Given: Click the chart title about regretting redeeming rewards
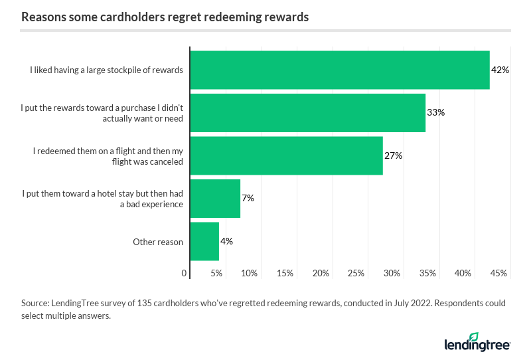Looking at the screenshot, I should (x=165, y=17).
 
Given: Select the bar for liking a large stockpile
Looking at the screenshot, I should (x=340, y=70).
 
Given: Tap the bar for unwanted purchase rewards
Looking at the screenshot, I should (x=308, y=113).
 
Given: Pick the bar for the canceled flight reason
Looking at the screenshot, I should (x=287, y=155).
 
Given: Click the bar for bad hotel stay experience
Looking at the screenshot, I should (x=215, y=198).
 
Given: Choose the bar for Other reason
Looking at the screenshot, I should (x=204, y=241).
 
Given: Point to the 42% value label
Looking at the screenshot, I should (x=500, y=70).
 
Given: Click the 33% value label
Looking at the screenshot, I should (x=435, y=113).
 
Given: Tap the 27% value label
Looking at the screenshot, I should (x=394, y=155).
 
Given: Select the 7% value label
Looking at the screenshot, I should (x=248, y=198).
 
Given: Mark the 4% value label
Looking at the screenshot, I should (x=226, y=241).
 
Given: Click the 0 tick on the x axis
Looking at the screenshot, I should (x=184, y=273).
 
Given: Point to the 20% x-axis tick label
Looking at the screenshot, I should (x=321, y=273).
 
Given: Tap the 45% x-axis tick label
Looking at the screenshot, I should (x=498, y=273).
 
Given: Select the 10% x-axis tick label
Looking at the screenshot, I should (x=250, y=273).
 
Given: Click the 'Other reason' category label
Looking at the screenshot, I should (x=158, y=242).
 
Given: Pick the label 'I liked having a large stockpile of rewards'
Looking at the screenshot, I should (x=106, y=70).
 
